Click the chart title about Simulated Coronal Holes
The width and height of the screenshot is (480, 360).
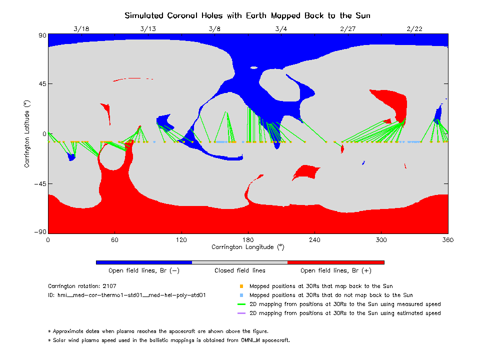click(x=247, y=15)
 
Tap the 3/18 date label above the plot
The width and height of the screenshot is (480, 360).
click(x=81, y=28)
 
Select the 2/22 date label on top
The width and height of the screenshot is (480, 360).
click(x=414, y=28)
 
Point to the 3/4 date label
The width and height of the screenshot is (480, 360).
click(x=281, y=28)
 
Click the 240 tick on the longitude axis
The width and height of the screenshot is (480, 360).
click(x=314, y=240)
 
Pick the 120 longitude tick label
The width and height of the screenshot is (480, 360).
click(x=181, y=240)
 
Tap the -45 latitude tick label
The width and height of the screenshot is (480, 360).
click(x=39, y=184)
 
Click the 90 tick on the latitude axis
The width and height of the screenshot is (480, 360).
click(x=42, y=35)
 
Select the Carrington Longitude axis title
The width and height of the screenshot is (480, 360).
click(x=248, y=247)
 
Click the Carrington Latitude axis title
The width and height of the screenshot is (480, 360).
click(x=27, y=134)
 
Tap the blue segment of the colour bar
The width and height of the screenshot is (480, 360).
click(x=144, y=262)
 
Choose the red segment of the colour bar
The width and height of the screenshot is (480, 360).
click(x=336, y=262)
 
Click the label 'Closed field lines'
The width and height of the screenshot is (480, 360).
click(x=240, y=270)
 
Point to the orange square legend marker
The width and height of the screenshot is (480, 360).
click(x=241, y=286)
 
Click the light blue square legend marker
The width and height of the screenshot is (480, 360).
click(x=241, y=295)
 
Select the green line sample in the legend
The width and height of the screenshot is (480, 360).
click(x=241, y=304)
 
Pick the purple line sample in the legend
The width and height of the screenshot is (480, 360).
click(x=241, y=313)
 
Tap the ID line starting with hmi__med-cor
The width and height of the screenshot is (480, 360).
click(x=127, y=295)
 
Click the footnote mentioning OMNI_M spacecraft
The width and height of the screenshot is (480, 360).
click(x=169, y=340)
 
